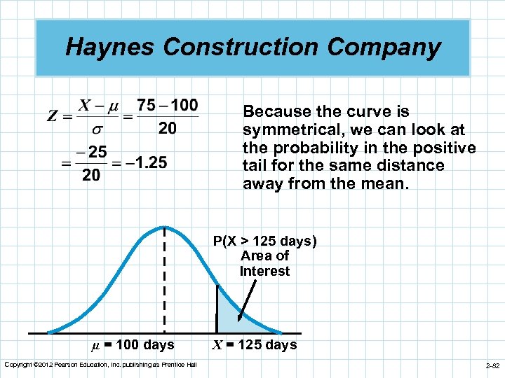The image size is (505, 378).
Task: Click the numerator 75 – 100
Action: click(167, 105)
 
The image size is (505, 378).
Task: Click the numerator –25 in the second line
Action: click(91, 151)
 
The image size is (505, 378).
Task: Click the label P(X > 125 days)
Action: click(265, 241)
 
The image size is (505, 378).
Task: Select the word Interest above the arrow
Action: click(264, 272)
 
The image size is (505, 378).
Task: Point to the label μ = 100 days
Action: click(133, 344)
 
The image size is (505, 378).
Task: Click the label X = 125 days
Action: click(255, 344)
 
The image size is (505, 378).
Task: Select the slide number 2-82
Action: click(491, 365)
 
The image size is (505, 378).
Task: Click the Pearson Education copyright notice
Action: click(100, 364)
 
